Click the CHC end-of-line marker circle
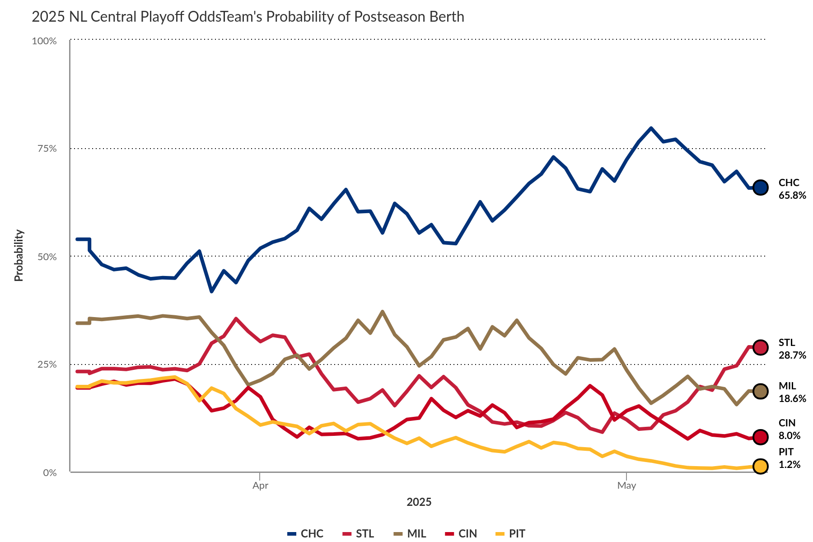pos(761,187)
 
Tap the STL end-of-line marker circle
pos(761,347)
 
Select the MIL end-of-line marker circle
pos(761,391)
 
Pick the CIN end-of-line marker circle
pos(761,437)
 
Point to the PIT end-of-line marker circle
pos(761,466)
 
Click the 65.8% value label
pos(792,196)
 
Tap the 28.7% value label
pos(792,355)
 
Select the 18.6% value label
pos(792,399)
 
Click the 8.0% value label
pos(790,436)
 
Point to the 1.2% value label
pos(790,465)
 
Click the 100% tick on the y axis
pos(44,41)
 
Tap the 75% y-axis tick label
pos(47,149)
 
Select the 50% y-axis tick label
pos(47,257)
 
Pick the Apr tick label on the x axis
pos(260,486)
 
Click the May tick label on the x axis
pos(626,486)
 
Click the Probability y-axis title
pos(19,256)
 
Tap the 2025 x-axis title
pos(419,502)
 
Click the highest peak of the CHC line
pos(651,128)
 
